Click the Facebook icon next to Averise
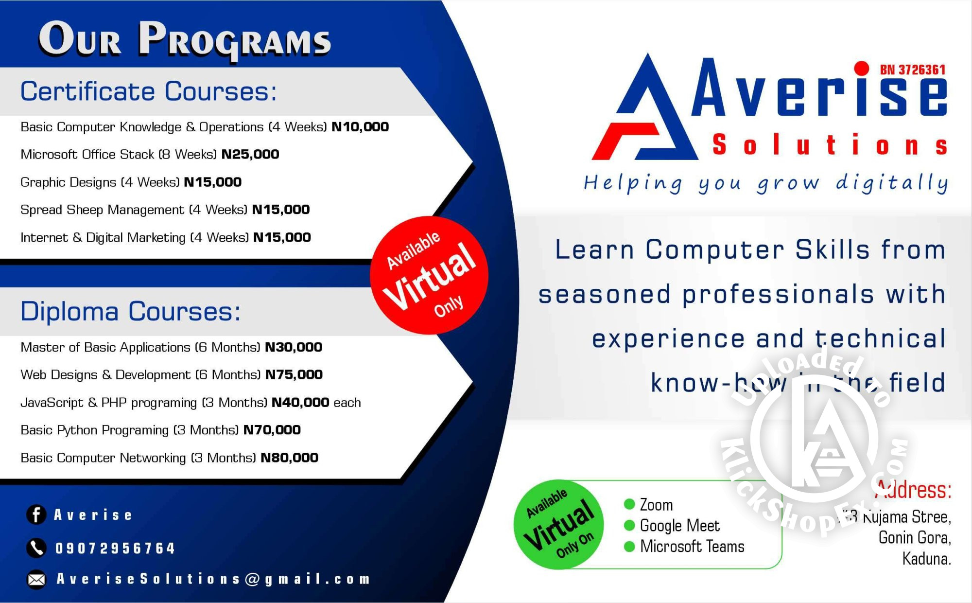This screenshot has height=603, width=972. [36, 514]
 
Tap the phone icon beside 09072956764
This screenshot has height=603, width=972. [36, 548]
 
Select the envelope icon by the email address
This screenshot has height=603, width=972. [36, 579]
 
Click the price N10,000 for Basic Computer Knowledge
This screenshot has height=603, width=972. [360, 127]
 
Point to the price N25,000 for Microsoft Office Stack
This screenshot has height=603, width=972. [250, 155]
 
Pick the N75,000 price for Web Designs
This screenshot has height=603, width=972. [294, 375]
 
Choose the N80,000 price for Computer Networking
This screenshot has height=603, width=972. [290, 458]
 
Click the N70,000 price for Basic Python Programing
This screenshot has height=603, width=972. [272, 430]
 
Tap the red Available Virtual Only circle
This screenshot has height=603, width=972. [429, 275]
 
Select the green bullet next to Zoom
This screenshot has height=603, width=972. [629, 504]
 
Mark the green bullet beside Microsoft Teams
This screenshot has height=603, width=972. [629, 547]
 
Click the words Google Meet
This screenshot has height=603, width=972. [679, 526]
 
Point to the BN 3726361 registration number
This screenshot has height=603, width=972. [912, 70]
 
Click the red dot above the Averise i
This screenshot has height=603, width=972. [861, 69]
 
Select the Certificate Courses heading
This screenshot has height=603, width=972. [148, 91]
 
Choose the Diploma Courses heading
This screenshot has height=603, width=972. [130, 312]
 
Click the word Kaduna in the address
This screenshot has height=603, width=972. [926, 559]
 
